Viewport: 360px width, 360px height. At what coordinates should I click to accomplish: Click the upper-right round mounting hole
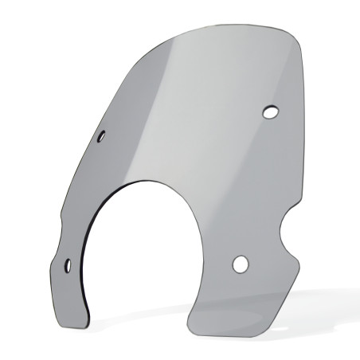(270, 112)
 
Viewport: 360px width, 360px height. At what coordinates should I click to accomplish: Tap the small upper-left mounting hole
(102, 137)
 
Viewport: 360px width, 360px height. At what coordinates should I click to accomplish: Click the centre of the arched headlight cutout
(139, 255)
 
